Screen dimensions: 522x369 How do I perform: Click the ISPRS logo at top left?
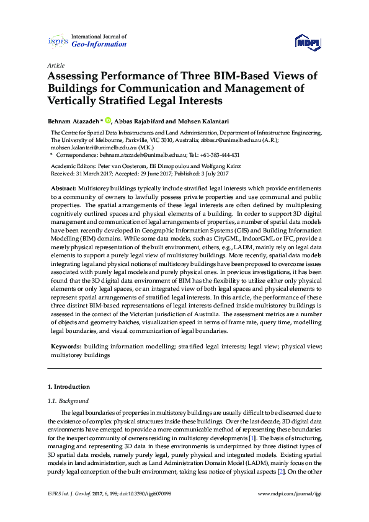(x=58, y=41)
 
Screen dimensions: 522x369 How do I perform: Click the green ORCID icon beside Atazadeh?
(x=108, y=120)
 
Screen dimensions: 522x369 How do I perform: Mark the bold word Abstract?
(x=64, y=188)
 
